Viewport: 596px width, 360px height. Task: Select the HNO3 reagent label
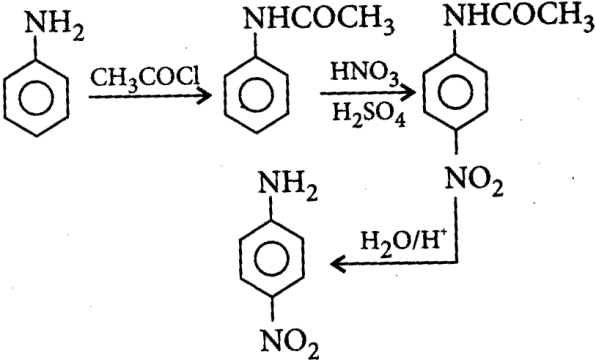[365, 73]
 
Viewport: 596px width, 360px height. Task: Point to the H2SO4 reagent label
[368, 114]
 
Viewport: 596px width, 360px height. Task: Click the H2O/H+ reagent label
[401, 243]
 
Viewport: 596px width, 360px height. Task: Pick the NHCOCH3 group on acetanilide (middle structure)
[318, 21]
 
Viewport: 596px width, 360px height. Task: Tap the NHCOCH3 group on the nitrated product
[520, 18]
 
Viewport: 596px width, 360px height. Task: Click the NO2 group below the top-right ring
[474, 182]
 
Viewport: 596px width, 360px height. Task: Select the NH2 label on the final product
[288, 185]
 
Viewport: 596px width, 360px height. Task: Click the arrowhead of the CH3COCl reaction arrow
[203, 96]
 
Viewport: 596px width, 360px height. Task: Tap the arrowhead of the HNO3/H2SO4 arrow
[408, 92]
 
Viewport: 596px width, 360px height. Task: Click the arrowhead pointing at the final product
[338, 263]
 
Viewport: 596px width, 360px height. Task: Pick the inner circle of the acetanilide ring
[240, 95]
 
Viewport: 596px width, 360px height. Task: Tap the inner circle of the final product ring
[255, 260]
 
